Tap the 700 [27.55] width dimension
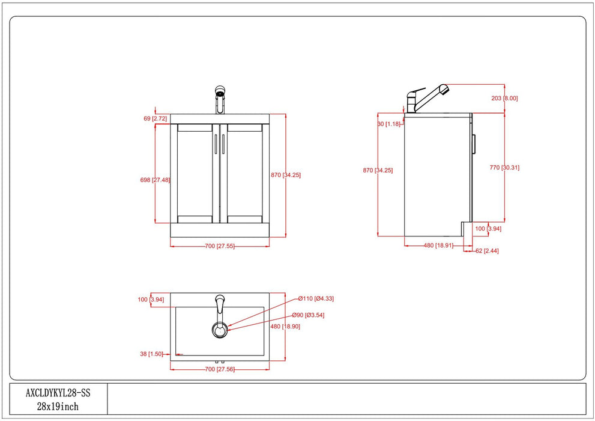(x=219, y=246)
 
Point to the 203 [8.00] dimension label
(x=504, y=98)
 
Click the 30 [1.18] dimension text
(x=389, y=124)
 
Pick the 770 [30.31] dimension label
(x=504, y=168)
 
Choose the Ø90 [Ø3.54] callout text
(x=309, y=315)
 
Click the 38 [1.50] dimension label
(x=151, y=354)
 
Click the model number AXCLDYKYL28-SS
(x=58, y=393)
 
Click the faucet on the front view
(x=220, y=99)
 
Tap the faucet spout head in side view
(x=442, y=90)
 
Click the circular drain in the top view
(x=220, y=329)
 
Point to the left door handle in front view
(x=215, y=146)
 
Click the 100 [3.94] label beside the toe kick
(x=488, y=229)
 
